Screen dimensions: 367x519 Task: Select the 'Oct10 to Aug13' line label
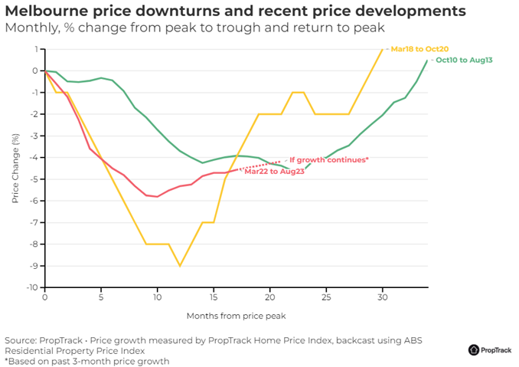coord(463,60)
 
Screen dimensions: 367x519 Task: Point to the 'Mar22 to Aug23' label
coord(274,172)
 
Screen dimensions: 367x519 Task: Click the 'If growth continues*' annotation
coord(329,159)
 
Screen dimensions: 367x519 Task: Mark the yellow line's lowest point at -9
coord(180,266)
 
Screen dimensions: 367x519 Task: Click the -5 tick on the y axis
coord(34,179)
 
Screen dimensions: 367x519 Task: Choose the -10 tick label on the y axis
coord(32,287)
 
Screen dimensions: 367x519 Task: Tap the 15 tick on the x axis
coord(214,297)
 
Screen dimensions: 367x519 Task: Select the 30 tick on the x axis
coord(382,297)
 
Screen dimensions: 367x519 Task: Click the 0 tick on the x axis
coord(45,297)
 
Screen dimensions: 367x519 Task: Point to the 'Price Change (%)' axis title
coord(15,169)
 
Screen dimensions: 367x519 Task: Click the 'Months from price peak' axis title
coord(236,315)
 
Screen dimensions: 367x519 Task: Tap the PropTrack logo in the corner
coord(490,349)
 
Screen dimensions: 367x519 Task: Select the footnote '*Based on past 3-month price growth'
coord(86,361)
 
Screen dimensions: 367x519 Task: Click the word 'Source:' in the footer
coord(22,339)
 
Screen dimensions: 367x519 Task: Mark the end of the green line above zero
coord(427,61)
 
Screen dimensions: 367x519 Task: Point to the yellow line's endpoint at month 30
coord(382,49)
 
